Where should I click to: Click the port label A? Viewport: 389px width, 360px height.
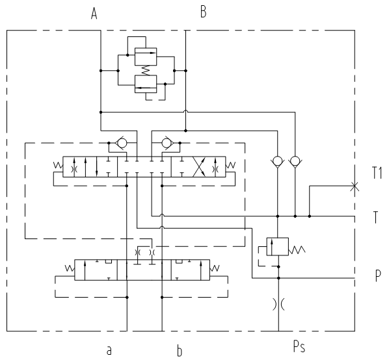tap(94, 14)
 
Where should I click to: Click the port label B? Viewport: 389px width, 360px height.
tap(203, 12)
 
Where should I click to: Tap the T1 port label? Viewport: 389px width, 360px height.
tap(377, 173)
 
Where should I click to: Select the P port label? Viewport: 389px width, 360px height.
tap(378, 276)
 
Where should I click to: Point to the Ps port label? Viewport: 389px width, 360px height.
tap(299, 346)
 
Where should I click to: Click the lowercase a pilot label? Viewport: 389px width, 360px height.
tap(109, 350)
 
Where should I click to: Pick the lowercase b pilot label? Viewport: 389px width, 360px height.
tap(180, 351)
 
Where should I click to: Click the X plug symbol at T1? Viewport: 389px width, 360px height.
tap(355, 186)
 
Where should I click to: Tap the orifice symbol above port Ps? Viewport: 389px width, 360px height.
tap(278, 304)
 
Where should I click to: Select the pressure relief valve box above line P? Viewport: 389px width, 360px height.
tap(277, 246)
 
